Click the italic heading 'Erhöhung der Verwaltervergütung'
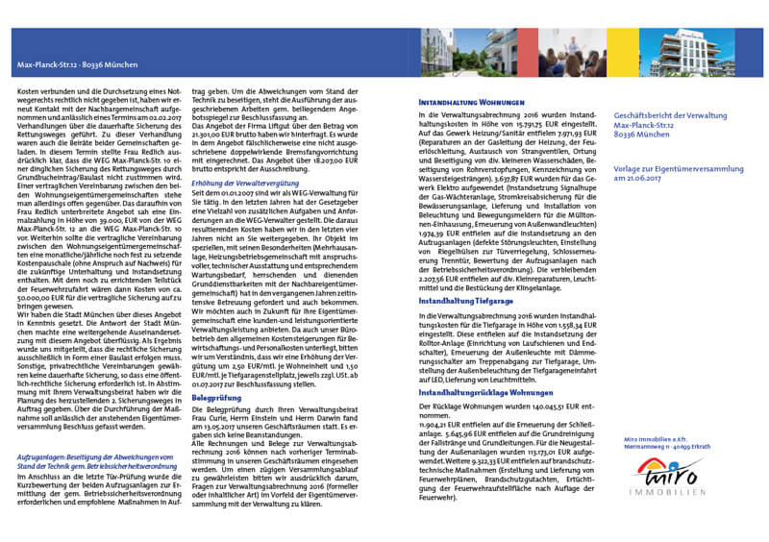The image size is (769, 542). (x=244, y=156)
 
